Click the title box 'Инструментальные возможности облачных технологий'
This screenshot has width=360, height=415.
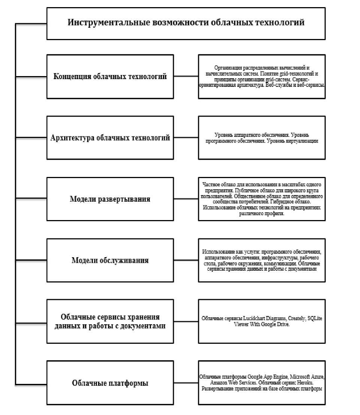point(185,23)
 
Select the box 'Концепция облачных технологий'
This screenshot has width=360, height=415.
point(110,76)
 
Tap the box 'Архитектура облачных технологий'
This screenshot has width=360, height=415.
point(110,138)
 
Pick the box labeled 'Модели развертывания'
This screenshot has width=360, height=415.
point(110,199)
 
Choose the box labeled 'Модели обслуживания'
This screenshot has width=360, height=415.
point(110,260)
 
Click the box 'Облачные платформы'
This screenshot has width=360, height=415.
point(110,383)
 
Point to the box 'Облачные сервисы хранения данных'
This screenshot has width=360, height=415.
point(110,321)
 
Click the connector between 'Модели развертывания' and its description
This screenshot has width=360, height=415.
point(186,199)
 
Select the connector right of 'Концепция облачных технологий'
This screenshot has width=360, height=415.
point(186,76)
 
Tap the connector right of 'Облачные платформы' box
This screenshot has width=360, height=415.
point(186,383)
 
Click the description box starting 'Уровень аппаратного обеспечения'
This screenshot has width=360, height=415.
point(261,138)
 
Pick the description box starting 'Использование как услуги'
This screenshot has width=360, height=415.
point(261,260)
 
